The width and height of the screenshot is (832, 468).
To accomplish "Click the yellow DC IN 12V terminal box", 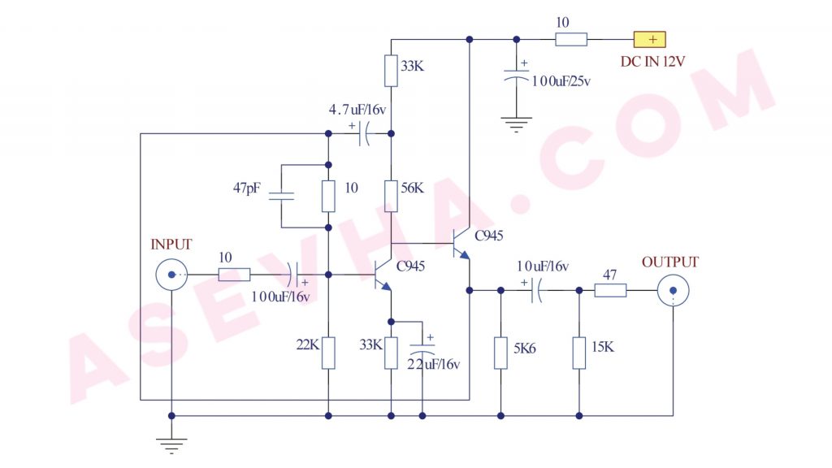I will [649, 39].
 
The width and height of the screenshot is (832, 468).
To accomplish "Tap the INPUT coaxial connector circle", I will [171, 275].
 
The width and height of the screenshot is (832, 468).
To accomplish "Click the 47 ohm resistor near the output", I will [610, 290].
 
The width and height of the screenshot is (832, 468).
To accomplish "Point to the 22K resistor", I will [328, 352].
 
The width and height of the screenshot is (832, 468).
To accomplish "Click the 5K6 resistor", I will [500, 353].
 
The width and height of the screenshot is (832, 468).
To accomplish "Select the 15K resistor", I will [579, 353].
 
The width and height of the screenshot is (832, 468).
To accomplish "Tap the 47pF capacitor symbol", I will [281, 196].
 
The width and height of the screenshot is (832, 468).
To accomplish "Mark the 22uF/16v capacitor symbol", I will [422, 347].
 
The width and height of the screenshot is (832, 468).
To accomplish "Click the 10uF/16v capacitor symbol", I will [537, 290].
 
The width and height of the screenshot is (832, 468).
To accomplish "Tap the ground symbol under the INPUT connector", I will [171, 444].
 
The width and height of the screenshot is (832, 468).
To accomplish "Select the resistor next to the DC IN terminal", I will [571, 39].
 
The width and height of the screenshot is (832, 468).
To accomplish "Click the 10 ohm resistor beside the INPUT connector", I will [234, 275].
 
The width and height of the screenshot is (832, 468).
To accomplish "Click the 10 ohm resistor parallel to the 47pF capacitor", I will [328, 196].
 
